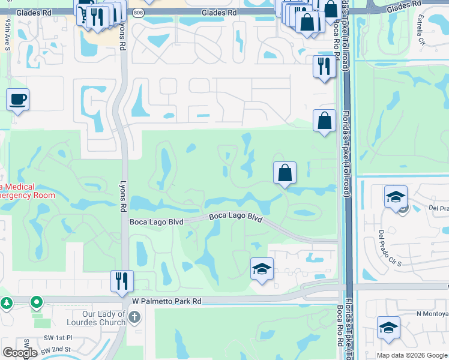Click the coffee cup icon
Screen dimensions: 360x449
[x=17, y=99]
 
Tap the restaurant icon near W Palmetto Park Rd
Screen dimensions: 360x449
[x=122, y=280]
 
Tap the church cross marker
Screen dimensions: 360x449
[x=134, y=317]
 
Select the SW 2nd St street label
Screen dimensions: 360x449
[x=56, y=350]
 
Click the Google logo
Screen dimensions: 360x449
[x=20, y=353]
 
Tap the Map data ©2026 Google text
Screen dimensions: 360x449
[x=412, y=355]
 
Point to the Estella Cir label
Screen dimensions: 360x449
[x=420, y=34]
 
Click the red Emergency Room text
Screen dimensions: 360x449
[x=27, y=195]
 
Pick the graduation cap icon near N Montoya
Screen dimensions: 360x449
[x=388, y=328]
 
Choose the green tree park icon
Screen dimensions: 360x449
[x=7, y=303]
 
